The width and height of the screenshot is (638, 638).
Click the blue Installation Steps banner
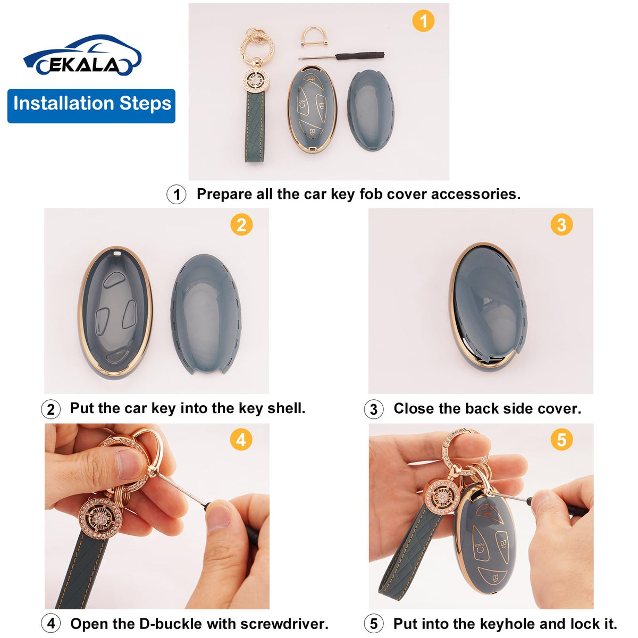pos(91,106)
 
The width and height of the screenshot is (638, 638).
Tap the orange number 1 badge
pos(423,21)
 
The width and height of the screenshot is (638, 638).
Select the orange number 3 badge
pos(561,224)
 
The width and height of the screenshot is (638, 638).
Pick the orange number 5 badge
pos(561,440)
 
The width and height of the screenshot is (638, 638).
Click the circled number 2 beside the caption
pos(51,409)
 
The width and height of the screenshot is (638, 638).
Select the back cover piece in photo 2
pos(206,314)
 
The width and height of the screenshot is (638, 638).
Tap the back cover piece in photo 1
pos(371,110)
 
